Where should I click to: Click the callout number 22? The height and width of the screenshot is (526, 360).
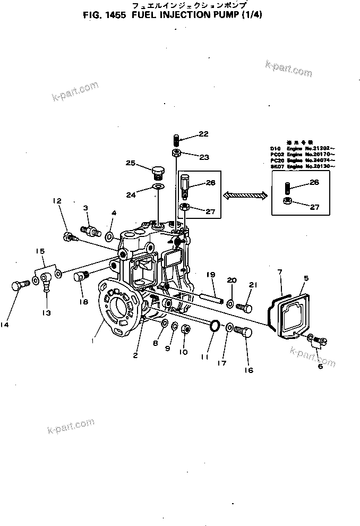coord(188,134)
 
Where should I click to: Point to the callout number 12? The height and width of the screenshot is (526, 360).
coord(57,201)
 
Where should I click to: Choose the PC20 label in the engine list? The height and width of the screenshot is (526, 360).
coord(276,160)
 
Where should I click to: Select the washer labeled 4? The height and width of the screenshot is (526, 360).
coord(109,235)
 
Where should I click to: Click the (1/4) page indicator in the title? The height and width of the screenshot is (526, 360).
coord(252,15)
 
